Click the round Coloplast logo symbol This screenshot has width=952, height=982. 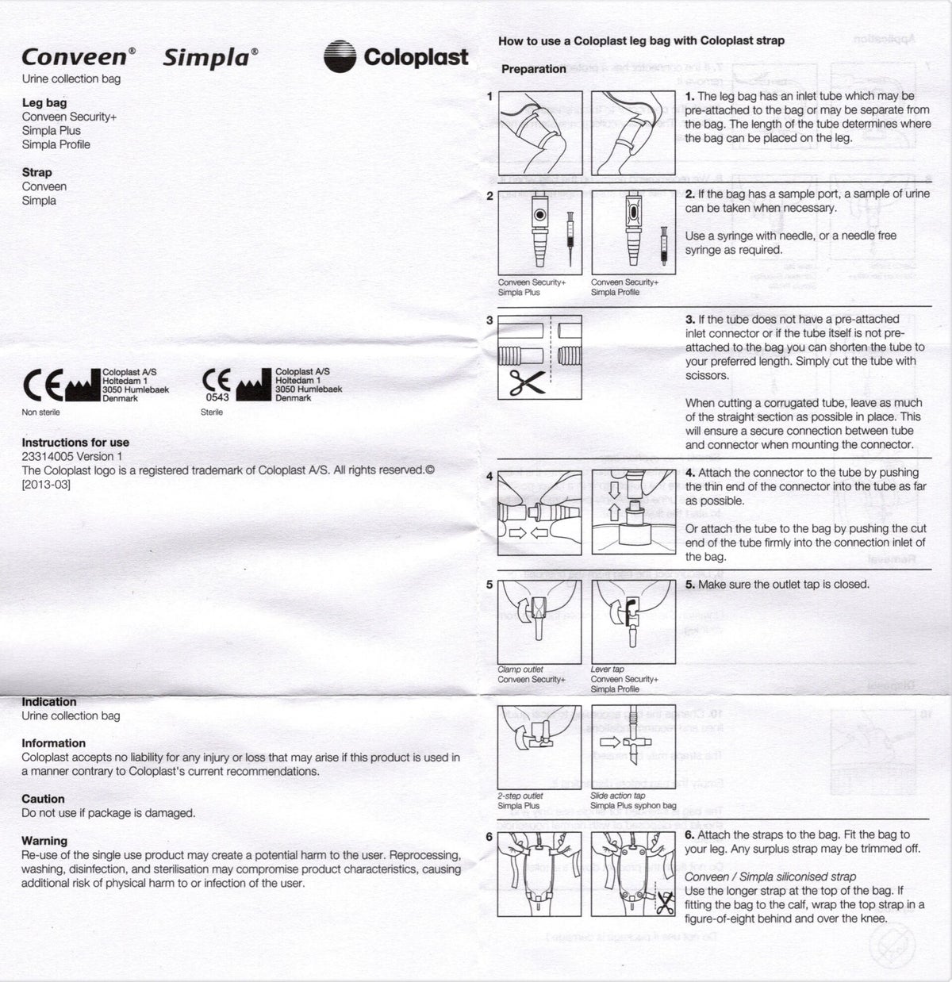pos(340,57)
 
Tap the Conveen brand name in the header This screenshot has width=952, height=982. pos(74,57)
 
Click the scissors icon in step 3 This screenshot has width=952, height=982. pos(526,382)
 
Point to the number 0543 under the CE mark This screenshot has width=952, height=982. pos(217,397)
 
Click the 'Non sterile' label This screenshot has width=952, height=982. pos(40,412)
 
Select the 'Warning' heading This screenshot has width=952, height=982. pos(44,841)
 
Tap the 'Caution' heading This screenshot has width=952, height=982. pos(43,799)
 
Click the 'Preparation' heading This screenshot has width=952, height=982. pos(533,69)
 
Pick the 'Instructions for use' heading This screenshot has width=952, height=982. pos(75,443)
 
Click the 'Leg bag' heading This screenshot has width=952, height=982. pos(44,102)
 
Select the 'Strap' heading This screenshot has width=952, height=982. pos(36,172)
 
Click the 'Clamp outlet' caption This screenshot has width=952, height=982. pos(520,669)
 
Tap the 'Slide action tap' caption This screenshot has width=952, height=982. pos(617,796)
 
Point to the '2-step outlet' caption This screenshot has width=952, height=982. pos(520,796)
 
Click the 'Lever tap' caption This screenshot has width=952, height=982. pos(607,669)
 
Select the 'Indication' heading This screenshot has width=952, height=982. pos(49,702)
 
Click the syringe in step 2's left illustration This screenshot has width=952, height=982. pos(569,231)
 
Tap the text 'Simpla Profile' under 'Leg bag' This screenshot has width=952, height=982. pos(56,144)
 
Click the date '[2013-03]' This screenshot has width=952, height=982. pos(46,484)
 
